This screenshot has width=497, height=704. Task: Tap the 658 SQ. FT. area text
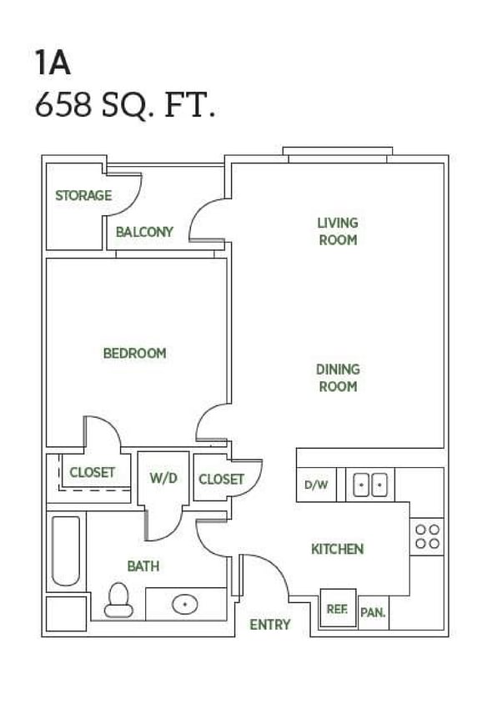125,107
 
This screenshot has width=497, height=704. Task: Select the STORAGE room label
83,196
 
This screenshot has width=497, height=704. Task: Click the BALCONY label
144,232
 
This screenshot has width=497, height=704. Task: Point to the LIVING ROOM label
337,231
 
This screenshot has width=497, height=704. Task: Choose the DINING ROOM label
337,378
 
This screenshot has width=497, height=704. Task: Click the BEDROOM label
134,353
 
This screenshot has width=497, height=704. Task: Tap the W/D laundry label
163,479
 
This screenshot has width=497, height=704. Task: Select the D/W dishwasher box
316,485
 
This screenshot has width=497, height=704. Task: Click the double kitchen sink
369,485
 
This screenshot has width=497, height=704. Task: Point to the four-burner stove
427,536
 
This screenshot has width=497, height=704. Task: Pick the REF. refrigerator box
337,609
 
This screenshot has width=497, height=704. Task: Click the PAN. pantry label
372,613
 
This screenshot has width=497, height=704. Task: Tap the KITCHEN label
337,549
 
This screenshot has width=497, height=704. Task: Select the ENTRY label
270,624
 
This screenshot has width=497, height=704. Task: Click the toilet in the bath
118,599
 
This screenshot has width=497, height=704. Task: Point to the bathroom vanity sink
183,604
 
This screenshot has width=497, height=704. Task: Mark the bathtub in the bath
65,551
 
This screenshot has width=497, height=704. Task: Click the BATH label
143,566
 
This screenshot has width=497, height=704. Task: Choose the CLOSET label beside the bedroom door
92,472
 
